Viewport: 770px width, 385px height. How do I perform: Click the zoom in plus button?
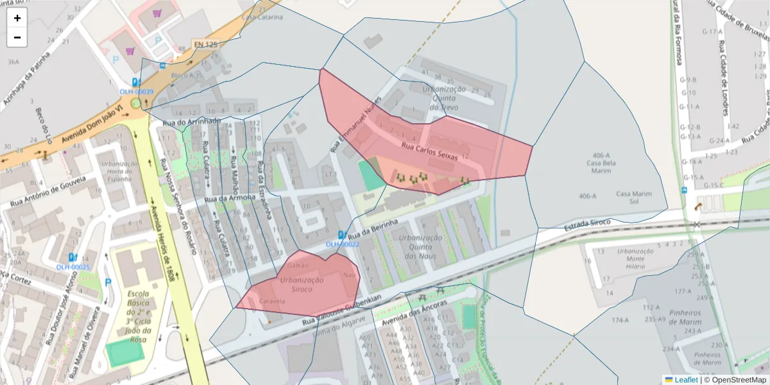(x=17, y=18)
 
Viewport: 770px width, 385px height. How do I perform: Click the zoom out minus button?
(x=17, y=37)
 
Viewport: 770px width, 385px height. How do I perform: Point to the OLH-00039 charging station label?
(x=136, y=92)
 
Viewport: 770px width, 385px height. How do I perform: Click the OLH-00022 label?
(x=342, y=244)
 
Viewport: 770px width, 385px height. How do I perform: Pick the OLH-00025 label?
(x=73, y=267)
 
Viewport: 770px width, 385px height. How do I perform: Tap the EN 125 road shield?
(x=205, y=44)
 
